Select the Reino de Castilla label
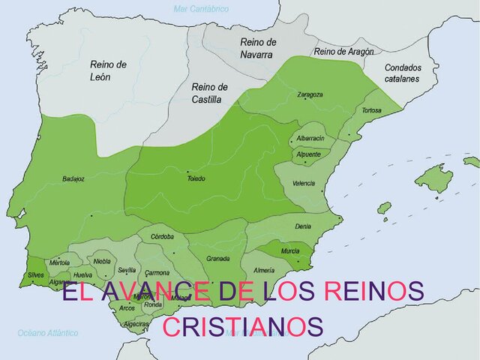tap(209, 91)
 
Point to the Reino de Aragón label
tap(344, 52)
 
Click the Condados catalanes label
tap(403, 72)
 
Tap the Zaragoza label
tap(310, 94)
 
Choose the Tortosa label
tap(371, 110)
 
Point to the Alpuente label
tap(308, 154)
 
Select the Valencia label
tap(304, 182)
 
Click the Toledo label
tap(196, 178)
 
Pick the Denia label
tap(303, 226)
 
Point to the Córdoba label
tap(162, 236)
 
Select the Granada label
tap(217, 258)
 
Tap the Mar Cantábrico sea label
tap(200, 9)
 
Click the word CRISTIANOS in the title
tap(243, 327)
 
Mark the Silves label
tap(36, 275)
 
